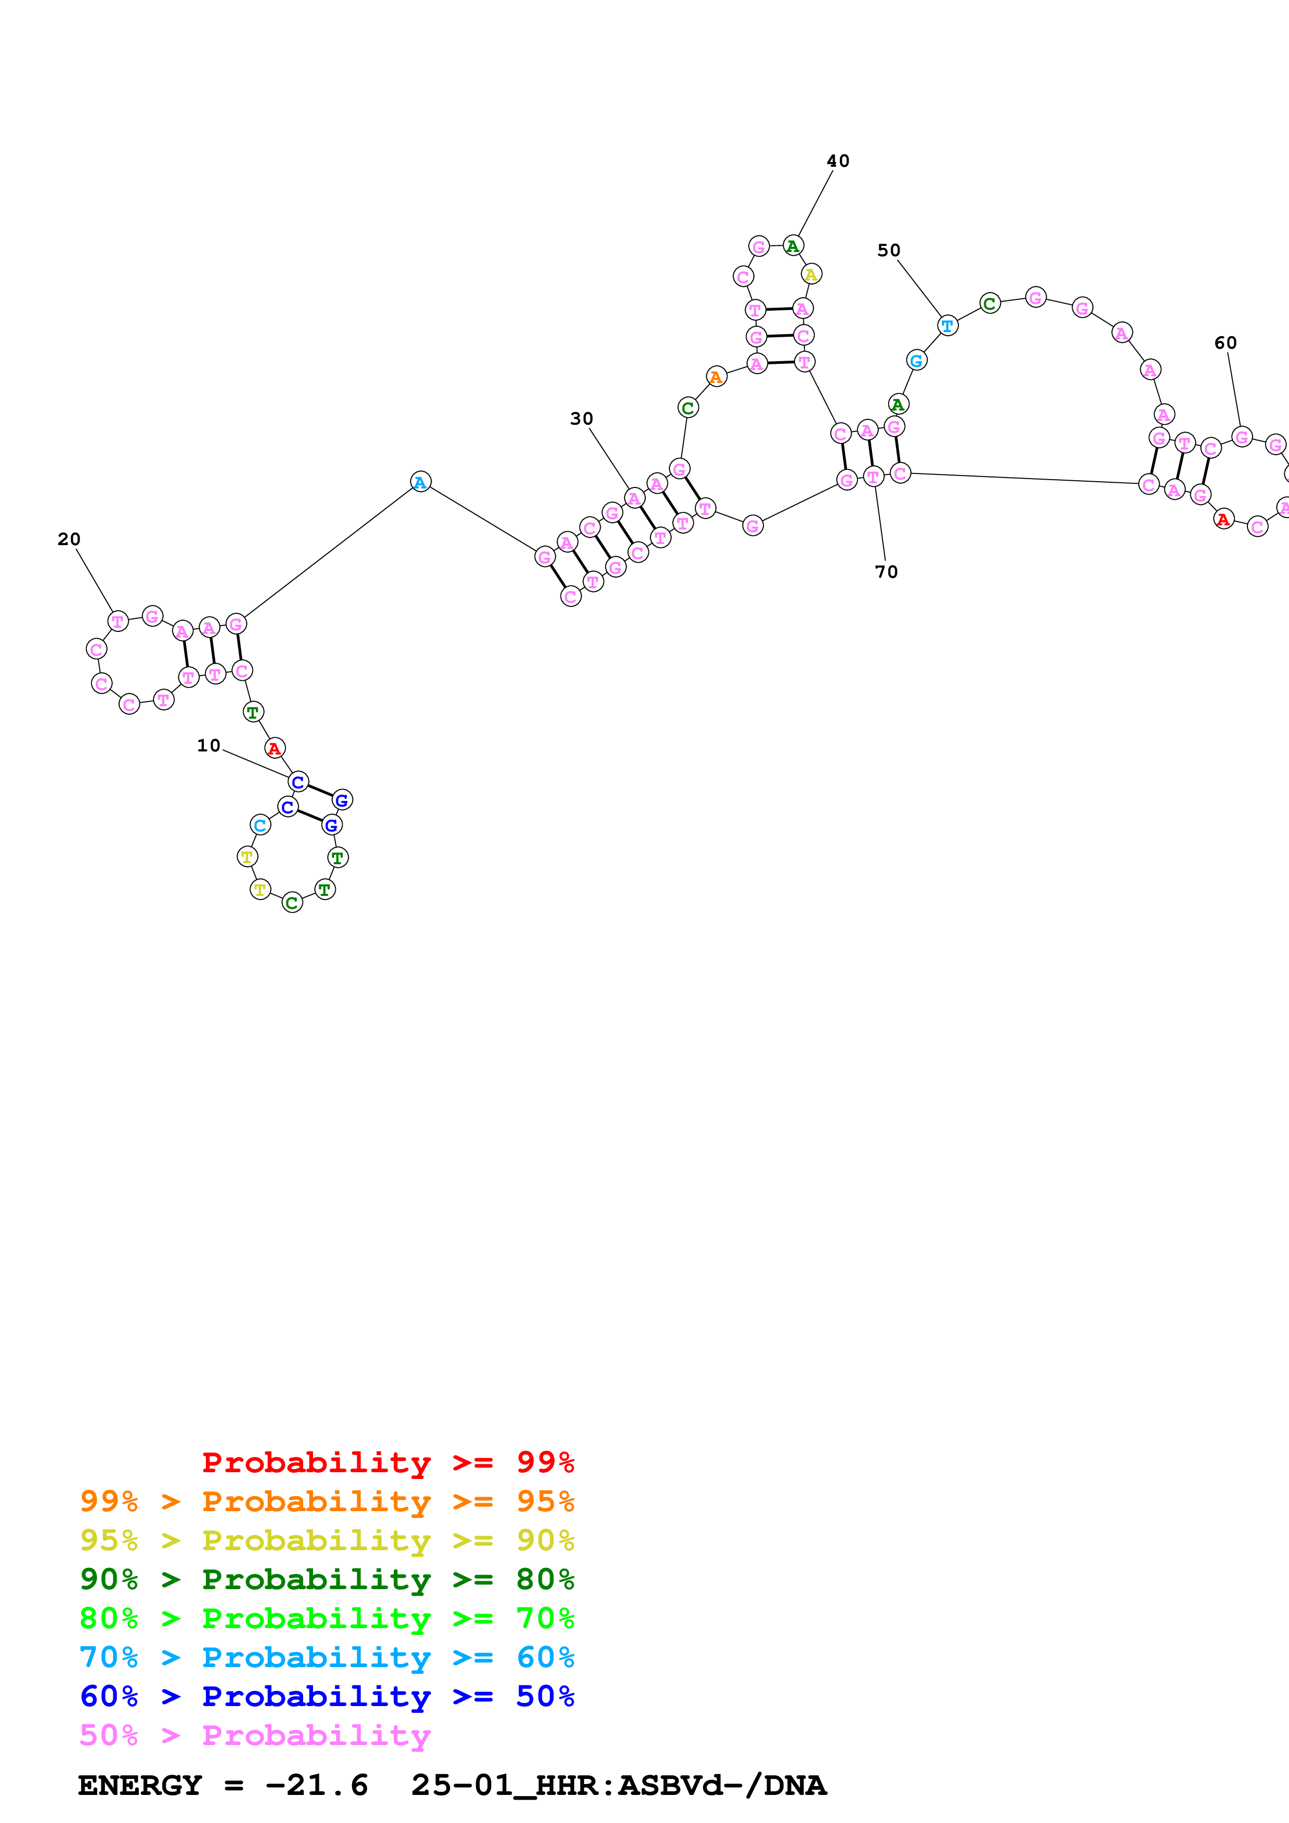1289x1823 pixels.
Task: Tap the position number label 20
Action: pyautogui.click(x=69, y=539)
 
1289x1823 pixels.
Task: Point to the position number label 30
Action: pyautogui.click(x=581, y=418)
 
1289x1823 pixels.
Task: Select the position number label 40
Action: pyautogui.click(x=838, y=161)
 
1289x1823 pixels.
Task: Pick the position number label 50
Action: pyautogui.click(x=889, y=250)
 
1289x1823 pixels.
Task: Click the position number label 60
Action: pyautogui.click(x=1226, y=343)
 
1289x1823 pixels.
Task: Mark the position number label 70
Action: pyautogui.click(x=887, y=572)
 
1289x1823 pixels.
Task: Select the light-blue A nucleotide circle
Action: pyautogui.click(x=420, y=482)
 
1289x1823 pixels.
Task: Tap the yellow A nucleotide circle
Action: pyautogui.click(x=811, y=275)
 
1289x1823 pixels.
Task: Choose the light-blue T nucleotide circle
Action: pyautogui.click(x=947, y=325)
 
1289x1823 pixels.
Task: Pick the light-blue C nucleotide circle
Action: pyautogui.click(x=259, y=825)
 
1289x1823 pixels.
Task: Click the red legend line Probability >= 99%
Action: pyautogui.click(x=387, y=1462)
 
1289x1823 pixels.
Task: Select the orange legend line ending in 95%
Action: pyautogui.click(x=327, y=1501)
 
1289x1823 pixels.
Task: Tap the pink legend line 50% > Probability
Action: pyautogui.click(x=255, y=1735)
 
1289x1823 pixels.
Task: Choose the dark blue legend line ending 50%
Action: pyautogui.click(x=327, y=1696)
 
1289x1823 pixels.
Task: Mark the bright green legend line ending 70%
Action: pyautogui.click(x=327, y=1618)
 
